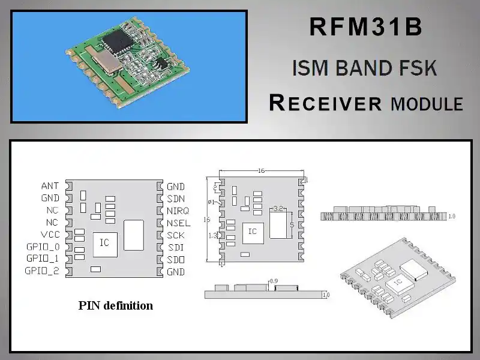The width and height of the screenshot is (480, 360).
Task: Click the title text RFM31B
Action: (365, 27)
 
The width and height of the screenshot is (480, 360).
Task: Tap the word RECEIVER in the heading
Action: (325, 103)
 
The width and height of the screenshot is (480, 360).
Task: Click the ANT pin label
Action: (50, 187)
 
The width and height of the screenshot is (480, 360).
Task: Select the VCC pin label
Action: (50, 235)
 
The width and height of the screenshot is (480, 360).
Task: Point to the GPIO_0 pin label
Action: (43, 247)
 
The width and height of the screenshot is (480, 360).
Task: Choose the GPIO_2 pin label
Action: (43, 271)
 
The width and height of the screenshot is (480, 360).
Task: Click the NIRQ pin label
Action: (178, 211)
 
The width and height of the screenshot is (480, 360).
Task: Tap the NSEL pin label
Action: (178, 223)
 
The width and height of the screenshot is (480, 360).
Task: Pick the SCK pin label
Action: (175, 235)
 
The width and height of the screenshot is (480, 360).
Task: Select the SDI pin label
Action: (175, 247)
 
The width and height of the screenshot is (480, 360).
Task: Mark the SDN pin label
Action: (175, 199)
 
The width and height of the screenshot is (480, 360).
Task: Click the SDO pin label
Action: (175, 259)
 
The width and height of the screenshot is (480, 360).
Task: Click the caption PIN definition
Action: (116, 305)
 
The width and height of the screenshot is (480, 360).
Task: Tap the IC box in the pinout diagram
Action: (104, 243)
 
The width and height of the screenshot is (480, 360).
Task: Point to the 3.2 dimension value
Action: (278, 208)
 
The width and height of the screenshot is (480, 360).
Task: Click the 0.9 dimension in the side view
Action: (274, 281)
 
